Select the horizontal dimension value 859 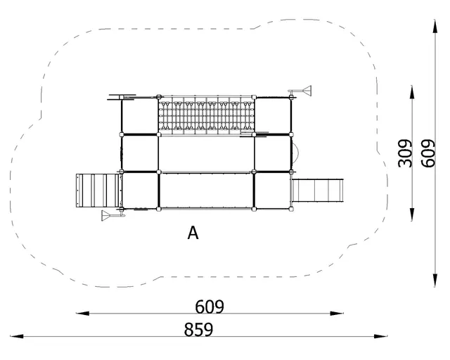[198, 329]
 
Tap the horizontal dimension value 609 [210, 307]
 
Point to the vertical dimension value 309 [405, 153]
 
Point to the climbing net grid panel [206, 115]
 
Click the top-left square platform [140, 115]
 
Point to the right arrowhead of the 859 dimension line [387, 337]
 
